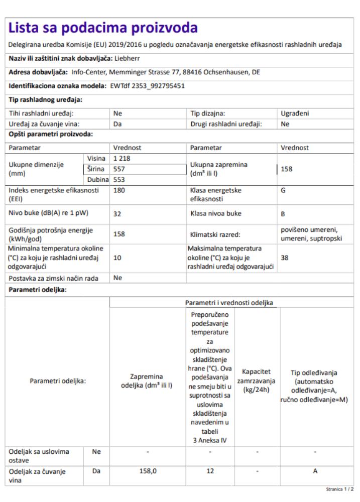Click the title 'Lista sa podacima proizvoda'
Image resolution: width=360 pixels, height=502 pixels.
click(x=103, y=27)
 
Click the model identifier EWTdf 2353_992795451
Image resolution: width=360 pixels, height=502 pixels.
click(x=148, y=86)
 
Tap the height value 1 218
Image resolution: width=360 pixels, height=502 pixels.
click(x=122, y=158)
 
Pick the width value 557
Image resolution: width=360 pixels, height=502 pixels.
click(x=119, y=169)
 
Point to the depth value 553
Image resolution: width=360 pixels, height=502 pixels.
click(x=119, y=179)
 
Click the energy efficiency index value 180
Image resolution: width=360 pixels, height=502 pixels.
click(x=119, y=191)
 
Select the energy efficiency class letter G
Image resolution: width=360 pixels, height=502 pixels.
click(x=283, y=191)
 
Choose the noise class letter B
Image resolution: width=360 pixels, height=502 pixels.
click(x=283, y=213)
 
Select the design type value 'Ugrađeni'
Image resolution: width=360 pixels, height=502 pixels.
click(x=295, y=113)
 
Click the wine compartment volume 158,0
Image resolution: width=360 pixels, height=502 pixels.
click(x=148, y=472)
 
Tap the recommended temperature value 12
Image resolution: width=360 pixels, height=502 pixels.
click(x=210, y=472)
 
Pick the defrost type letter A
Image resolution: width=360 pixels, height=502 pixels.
click(x=315, y=472)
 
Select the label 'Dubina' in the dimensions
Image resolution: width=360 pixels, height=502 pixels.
click(x=98, y=179)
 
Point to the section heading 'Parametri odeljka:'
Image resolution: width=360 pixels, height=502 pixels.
click(x=38, y=290)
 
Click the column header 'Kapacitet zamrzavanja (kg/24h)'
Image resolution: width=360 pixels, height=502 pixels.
click(x=257, y=381)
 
